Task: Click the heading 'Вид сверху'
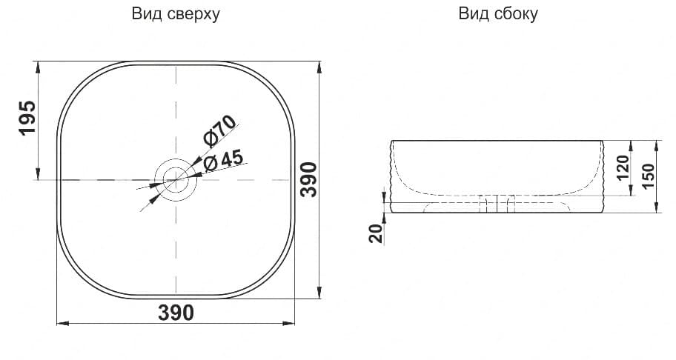click(x=176, y=14)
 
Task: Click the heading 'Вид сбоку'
click(x=498, y=14)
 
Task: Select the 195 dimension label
click(x=27, y=118)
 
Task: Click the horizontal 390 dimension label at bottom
click(x=176, y=313)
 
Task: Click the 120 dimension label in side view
click(x=622, y=169)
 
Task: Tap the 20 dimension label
click(x=375, y=233)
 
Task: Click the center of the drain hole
click(x=176, y=180)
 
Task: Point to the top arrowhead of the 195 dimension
click(x=36, y=64)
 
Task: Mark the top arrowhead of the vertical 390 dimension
click(x=319, y=64)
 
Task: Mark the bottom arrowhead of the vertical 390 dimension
click(x=319, y=294)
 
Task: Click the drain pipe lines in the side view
click(x=497, y=204)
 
